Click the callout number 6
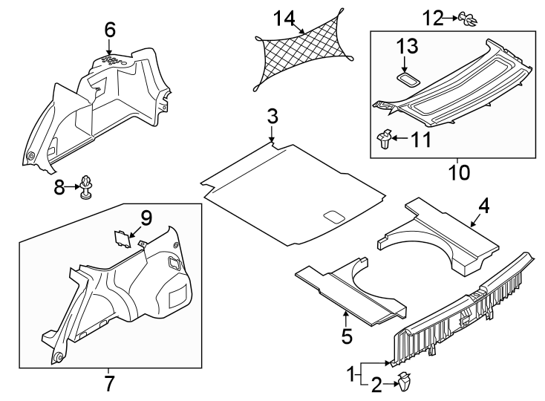(x=109, y=30)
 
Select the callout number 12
(x=432, y=16)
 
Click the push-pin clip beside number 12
(x=468, y=18)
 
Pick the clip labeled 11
(x=385, y=139)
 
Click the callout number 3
(x=272, y=117)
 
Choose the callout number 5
(x=347, y=336)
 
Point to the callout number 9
(x=146, y=218)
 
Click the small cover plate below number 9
(x=120, y=238)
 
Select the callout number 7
(x=108, y=385)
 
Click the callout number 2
(x=376, y=385)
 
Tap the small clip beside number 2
(x=405, y=383)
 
